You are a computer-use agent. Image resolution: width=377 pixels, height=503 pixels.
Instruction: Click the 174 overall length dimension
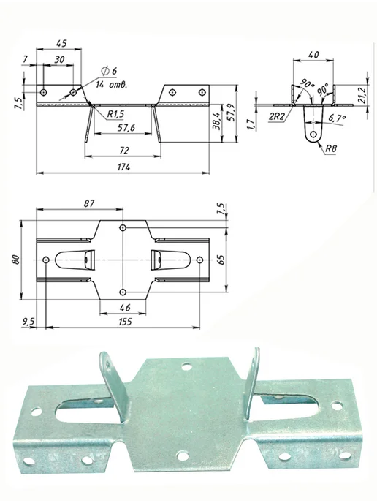[124, 167]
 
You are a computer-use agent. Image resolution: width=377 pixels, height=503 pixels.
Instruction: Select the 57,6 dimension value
[126, 128]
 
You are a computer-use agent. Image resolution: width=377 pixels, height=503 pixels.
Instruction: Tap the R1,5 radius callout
[115, 114]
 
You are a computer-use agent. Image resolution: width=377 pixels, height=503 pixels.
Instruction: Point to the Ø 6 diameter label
[109, 71]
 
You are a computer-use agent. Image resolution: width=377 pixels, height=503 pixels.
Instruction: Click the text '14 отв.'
[112, 85]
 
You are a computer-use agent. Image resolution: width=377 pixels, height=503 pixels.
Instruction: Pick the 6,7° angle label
[337, 118]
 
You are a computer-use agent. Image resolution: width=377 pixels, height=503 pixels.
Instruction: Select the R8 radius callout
[331, 149]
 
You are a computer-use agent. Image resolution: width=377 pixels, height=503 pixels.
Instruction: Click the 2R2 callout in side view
[277, 117]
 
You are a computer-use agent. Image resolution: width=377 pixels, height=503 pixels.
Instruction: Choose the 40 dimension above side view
[313, 55]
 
